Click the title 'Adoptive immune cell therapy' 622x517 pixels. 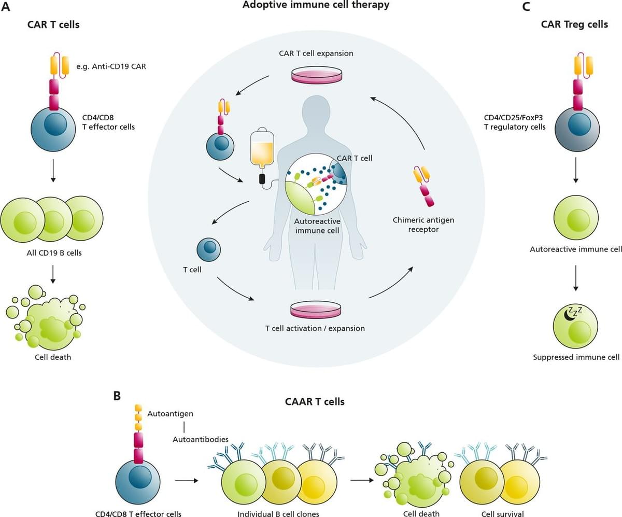coord(316,5)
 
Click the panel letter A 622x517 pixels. coord(7,7)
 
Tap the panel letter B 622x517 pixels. coord(117,396)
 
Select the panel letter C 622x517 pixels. coord(526,7)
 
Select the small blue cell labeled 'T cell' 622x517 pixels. coord(208,249)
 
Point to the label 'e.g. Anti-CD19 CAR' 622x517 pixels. coord(110,66)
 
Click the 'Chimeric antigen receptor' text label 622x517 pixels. coord(423,225)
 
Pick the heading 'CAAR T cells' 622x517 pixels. coord(315,401)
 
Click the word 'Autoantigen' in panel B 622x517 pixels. coord(170,414)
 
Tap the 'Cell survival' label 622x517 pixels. coord(503,513)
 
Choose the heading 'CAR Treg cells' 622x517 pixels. coord(574,24)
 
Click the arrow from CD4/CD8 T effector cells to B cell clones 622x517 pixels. coord(187,481)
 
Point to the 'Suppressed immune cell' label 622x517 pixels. coord(576,357)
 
